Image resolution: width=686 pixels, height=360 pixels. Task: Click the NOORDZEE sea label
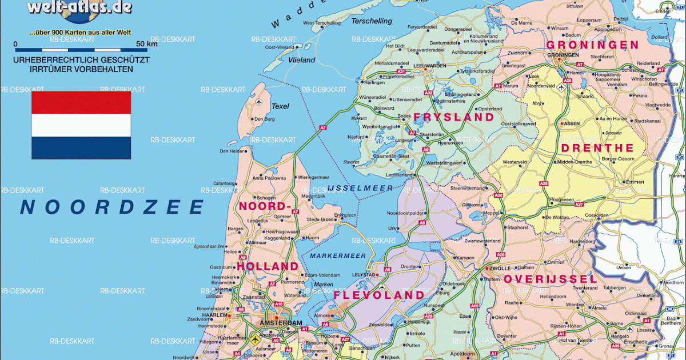click(x=112, y=207)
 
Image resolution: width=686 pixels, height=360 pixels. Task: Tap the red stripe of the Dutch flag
click(x=81, y=102)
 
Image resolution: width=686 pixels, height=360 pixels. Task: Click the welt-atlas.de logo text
click(x=79, y=7)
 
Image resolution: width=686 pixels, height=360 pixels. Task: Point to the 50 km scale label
click(x=146, y=44)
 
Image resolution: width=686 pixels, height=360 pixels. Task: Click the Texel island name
click(x=280, y=106)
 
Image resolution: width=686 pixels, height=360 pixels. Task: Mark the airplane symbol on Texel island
click(x=261, y=102)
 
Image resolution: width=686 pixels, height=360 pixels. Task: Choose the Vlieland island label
click(x=302, y=59)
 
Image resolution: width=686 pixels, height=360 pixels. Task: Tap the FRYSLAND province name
click(x=453, y=117)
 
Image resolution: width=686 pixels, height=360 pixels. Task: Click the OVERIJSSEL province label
click(x=550, y=279)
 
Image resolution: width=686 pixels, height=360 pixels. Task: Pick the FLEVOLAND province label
click(x=379, y=295)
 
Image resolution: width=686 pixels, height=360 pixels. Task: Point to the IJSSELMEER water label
click(x=360, y=188)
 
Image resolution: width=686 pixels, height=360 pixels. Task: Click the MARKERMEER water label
click(x=337, y=255)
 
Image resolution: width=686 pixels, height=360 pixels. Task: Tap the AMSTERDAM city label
click(x=280, y=323)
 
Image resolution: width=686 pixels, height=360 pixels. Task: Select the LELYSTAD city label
click(x=361, y=275)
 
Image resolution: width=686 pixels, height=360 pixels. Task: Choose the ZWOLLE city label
click(x=501, y=267)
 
